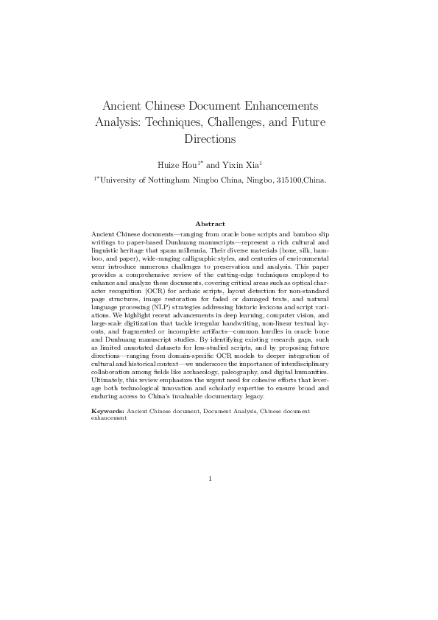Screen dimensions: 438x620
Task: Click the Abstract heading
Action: point(210,222)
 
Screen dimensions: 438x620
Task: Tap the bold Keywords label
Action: point(107,410)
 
